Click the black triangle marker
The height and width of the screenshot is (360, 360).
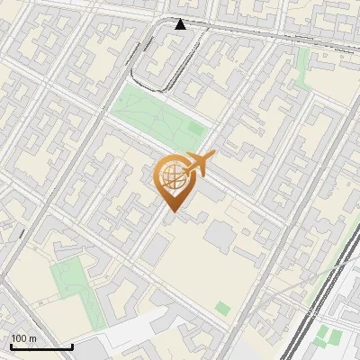[x=181, y=24]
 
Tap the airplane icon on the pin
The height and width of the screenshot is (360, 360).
[x=200, y=163]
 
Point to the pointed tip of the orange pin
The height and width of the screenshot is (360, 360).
[x=170, y=211]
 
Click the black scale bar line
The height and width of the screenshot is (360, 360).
[x=41, y=346]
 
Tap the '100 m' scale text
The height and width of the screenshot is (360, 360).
[x=24, y=338]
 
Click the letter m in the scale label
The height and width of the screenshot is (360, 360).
[x=33, y=338]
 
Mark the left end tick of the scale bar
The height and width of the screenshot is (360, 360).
[x=11, y=345]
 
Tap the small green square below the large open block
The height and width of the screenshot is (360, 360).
[x=222, y=308]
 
